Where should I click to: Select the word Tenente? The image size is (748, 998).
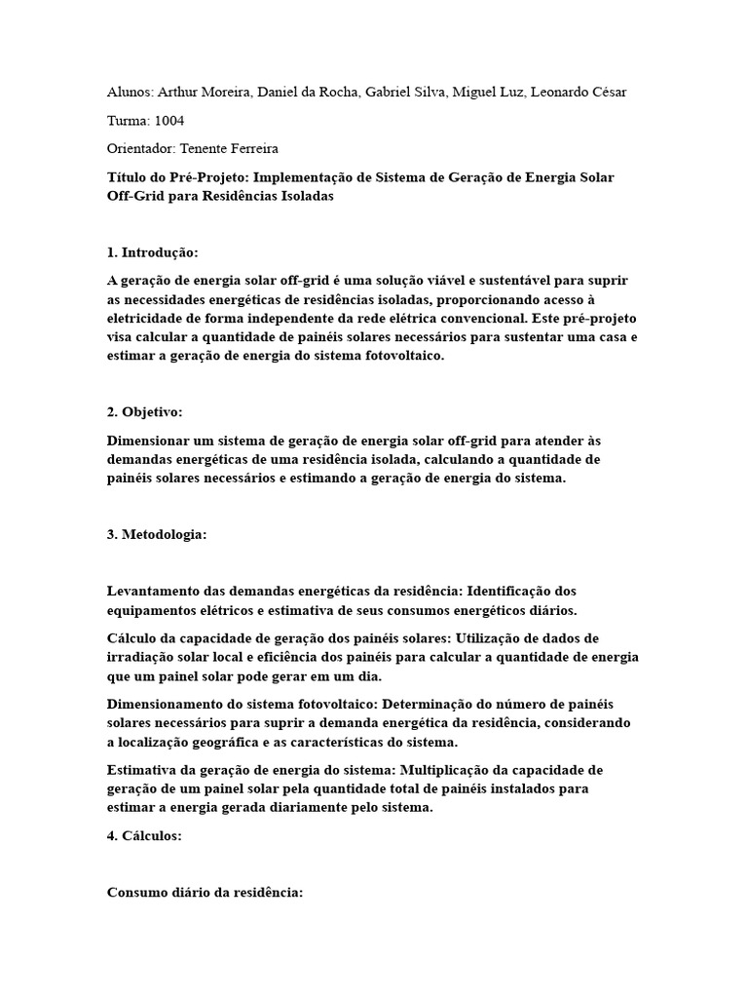point(208,149)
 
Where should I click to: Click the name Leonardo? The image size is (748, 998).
point(562,92)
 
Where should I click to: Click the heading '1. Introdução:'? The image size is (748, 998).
point(152,252)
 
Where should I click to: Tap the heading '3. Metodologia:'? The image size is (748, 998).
point(157,535)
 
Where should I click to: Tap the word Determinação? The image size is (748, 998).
point(453,704)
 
